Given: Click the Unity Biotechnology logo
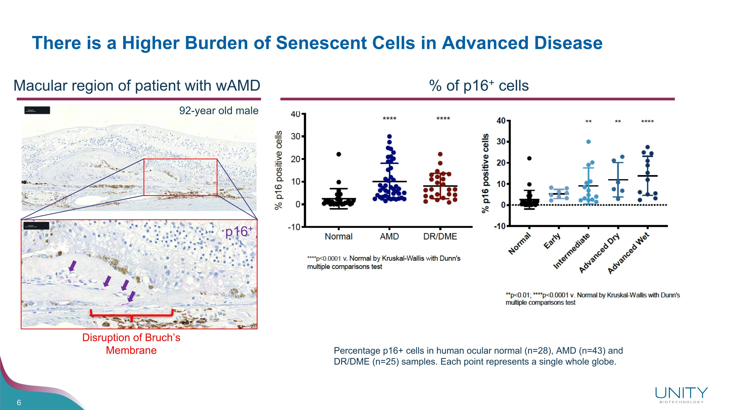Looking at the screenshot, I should pyautogui.click(x=681, y=395).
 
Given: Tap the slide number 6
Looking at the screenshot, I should pyautogui.click(x=19, y=403).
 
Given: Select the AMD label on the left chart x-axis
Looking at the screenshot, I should pyautogui.click(x=389, y=236).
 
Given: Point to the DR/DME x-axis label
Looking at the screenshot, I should pyautogui.click(x=440, y=236).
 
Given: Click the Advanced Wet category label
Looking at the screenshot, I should pyautogui.click(x=629, y=253).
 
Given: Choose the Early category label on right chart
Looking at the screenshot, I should pyautogui.click(x=552, y=241).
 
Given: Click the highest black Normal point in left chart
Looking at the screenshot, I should pyautogui.click(x=339, y=154).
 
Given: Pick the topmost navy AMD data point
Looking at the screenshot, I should pyautogui.click(x=389, y=136).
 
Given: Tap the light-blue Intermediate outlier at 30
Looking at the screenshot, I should pyautogui.click(x=588, y=142).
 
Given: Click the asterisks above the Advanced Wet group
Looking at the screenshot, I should pyautogui.click(x=647, y=122).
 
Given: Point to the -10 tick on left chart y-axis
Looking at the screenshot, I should pyautogui.click(x=294, y=227).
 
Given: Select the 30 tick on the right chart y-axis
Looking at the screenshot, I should pyautogui.click(x=501, y=142).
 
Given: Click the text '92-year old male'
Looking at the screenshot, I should pyautogui.click(x=219, y=111).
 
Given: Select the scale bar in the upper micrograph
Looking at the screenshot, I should pyautogui.click(x=37, y=110).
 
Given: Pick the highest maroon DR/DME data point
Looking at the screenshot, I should pyautogui.click(x=440, y=154).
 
